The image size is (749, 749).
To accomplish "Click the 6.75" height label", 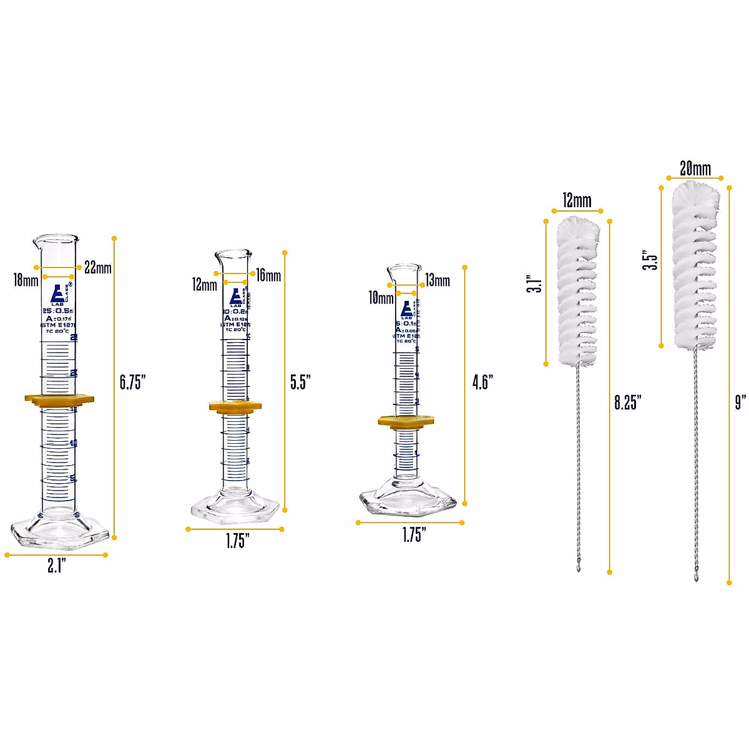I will point(132,382).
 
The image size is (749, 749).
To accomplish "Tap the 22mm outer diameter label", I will point(98,268).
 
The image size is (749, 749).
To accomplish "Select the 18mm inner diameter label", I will point(26,280).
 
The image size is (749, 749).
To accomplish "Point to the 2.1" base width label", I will point(57,566).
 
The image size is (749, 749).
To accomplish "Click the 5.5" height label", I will point(300,382).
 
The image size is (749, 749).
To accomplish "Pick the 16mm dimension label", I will point(268,275).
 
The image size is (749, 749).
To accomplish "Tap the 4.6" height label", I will point(482,382).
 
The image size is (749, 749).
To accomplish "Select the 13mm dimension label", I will point(438,280).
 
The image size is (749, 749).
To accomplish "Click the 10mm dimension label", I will point(381,298).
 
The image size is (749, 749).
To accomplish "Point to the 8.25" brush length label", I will point(627,402).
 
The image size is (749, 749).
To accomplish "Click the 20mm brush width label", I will point(695,168).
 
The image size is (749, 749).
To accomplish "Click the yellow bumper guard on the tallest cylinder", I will point(59,399).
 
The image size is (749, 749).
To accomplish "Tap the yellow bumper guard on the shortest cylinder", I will point(406,421).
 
